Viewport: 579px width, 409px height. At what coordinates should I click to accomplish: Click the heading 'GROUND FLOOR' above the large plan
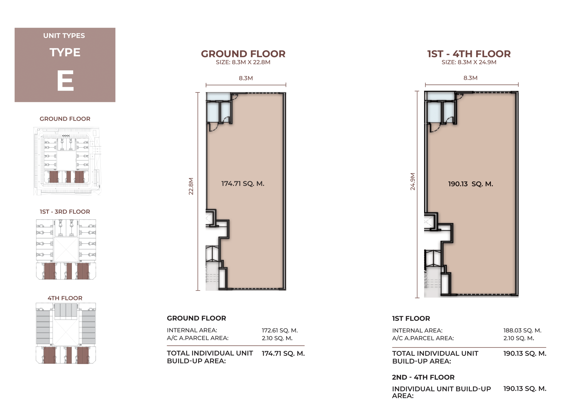[x=243, y=54]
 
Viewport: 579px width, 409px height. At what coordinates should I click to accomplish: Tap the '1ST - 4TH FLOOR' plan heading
[x=469, y=54]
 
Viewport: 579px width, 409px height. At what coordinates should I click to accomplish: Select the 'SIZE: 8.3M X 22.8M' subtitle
[x=243, y=62]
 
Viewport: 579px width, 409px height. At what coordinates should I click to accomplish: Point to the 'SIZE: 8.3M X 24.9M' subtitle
[x=469, y=62]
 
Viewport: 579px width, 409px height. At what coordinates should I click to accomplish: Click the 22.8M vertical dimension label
[x=191, y=186]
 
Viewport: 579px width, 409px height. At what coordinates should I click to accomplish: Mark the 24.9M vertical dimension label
[x=413, y=181]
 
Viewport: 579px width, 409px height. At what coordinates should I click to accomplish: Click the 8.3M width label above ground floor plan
[x=246, y=78]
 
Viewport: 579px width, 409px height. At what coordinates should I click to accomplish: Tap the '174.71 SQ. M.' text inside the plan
[x=243, y=183]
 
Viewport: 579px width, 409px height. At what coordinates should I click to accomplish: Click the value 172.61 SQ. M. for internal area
[x=280, y=330]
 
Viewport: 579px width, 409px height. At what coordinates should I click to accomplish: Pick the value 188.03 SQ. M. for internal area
[x=522, y=330]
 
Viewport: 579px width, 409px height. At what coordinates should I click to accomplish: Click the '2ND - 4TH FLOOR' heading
[x=423, y=377]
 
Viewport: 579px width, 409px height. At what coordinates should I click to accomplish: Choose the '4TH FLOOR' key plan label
[x=65, y=298]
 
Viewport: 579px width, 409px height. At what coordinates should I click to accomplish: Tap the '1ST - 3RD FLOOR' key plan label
[x=65, y=212]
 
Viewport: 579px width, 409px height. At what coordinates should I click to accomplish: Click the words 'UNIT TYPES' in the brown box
[x=64, y=35]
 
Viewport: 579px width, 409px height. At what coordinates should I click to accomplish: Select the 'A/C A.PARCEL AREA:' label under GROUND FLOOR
[x=198, y=338]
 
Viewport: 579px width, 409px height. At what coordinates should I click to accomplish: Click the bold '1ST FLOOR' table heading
[x=411, y=318]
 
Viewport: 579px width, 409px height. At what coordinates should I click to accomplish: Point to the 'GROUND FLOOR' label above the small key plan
[x=65, y=119]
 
